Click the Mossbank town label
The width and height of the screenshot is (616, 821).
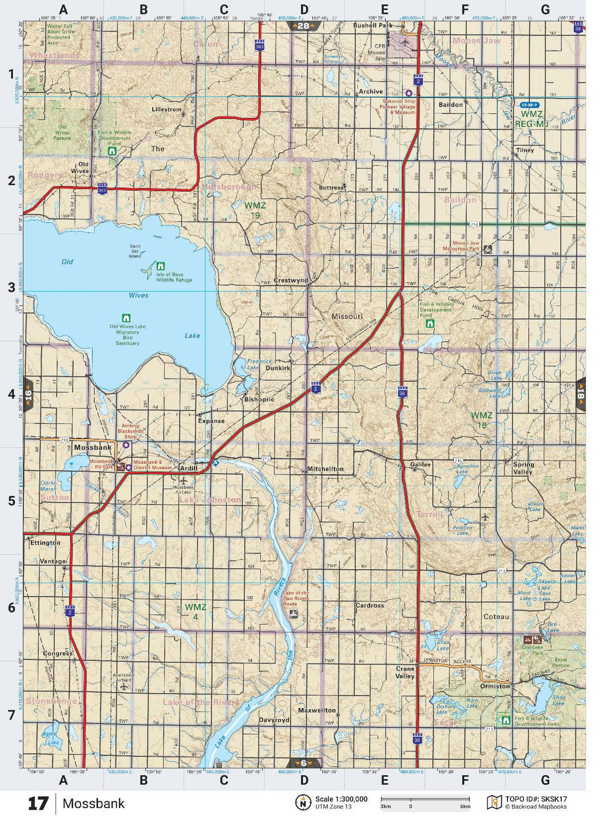click(93, 448)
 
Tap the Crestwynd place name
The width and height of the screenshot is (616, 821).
click(291, 280)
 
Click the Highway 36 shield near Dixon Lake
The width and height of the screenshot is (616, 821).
click(402, 392)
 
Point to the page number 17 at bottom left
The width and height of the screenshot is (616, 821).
click(38, 804)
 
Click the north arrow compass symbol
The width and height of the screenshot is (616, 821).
click(303, 802)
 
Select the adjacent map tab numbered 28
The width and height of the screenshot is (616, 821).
click(303, 26)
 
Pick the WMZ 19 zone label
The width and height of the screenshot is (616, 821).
click(255, 210)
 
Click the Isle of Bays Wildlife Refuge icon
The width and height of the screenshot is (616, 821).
click(161, 266)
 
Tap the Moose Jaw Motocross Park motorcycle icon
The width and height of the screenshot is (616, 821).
click(488, 249)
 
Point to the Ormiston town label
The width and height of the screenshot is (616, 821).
click(495, 686)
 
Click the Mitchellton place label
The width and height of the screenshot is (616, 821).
click(325, 469)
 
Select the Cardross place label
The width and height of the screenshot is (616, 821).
click(369, 605)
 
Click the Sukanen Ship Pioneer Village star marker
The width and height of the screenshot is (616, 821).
click(408, 93)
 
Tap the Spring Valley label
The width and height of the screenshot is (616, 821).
click(523, 468)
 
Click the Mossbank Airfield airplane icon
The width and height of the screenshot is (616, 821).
click(183, 480)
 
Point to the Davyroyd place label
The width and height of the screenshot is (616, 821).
click(274, 720)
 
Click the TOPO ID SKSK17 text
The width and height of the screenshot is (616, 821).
click(536, 799)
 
